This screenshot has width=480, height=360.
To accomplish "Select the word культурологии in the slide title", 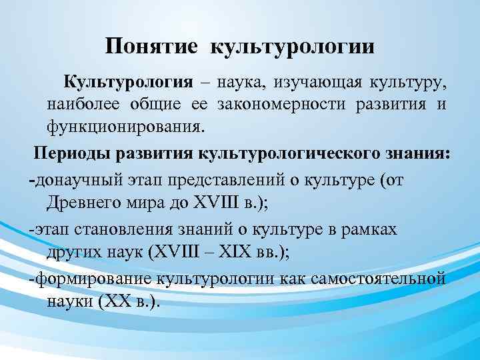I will click(293, 48).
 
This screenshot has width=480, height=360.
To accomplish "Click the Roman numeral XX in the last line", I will click(109, 301).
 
